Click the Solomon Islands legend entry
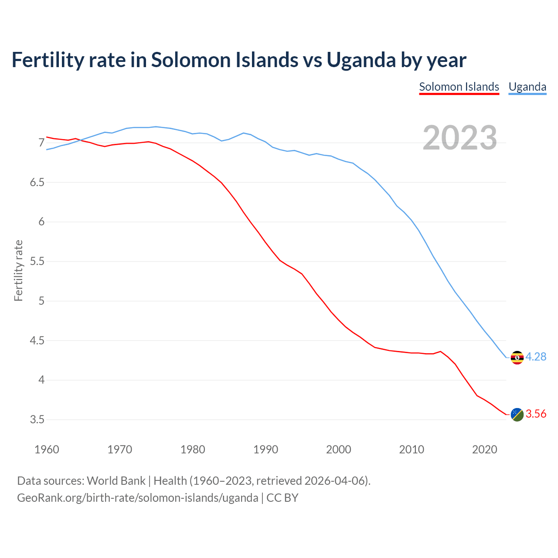coord(459,87)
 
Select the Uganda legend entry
coord(527,87)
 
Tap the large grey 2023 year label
coord(459,138)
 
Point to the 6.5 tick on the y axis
coord(37,183)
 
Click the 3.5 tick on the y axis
coord(37,420)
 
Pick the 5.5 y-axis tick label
coord(37,262)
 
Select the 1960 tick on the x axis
coord(47,449)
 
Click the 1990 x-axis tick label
coord(265,449)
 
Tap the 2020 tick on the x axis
coord(484,449)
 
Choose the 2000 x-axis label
coord(338,449)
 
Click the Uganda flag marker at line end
coord(517,357)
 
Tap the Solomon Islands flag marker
coord(517,415)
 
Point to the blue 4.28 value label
coord(536,357)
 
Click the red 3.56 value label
coord(536,414)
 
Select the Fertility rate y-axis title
coord(18,270)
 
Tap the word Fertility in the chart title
coord(47,60)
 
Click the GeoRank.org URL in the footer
coord(137,498)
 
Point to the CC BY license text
coord(282,498)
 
